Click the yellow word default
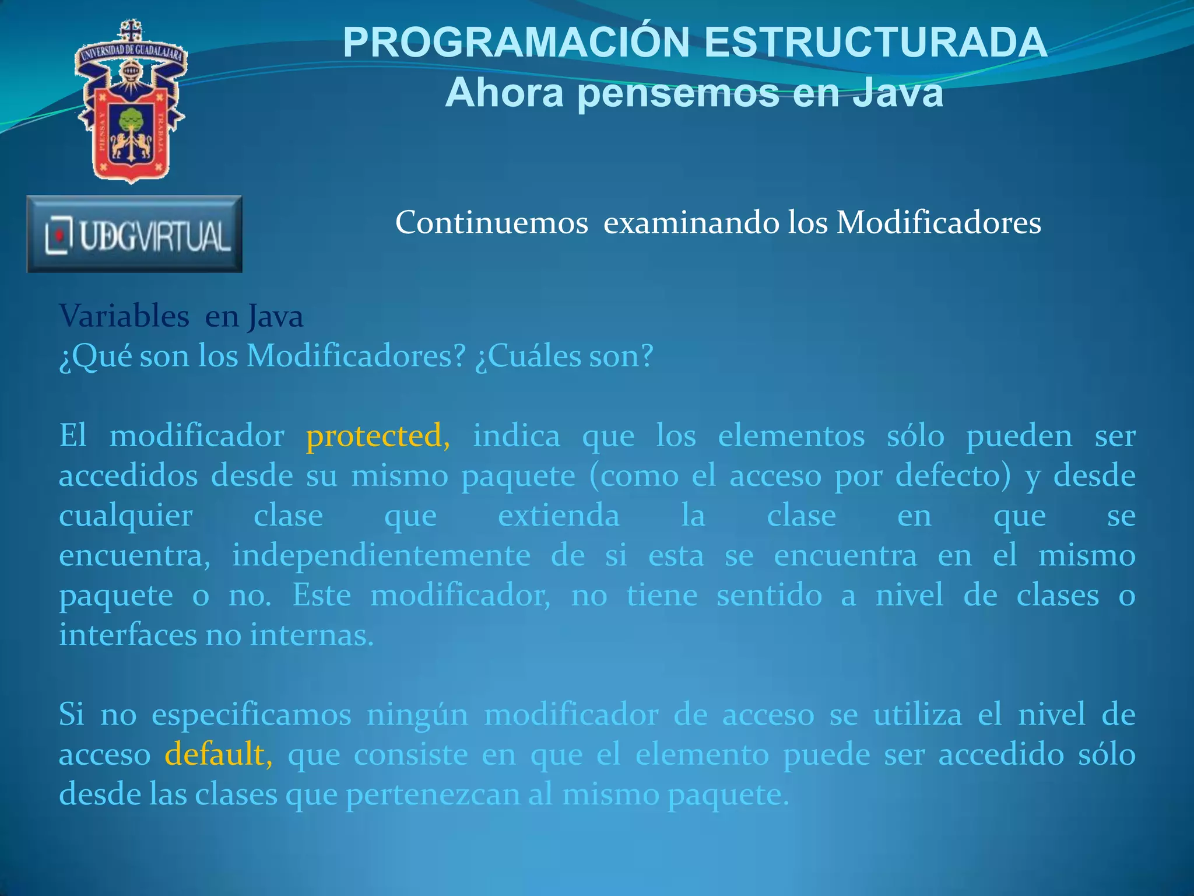[x=215, y=754]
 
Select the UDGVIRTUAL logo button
[x=135, y=235]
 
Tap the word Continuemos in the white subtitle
[x=491, y=223]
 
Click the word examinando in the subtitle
[x=690, y=223]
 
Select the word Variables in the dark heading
[x=124, y=317]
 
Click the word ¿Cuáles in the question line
[x=527, y=356]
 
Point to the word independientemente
[x=381, y=555]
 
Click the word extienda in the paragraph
[x=559, y=516]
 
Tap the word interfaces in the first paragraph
[x=128, y=635]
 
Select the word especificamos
[x=251, y=715]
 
